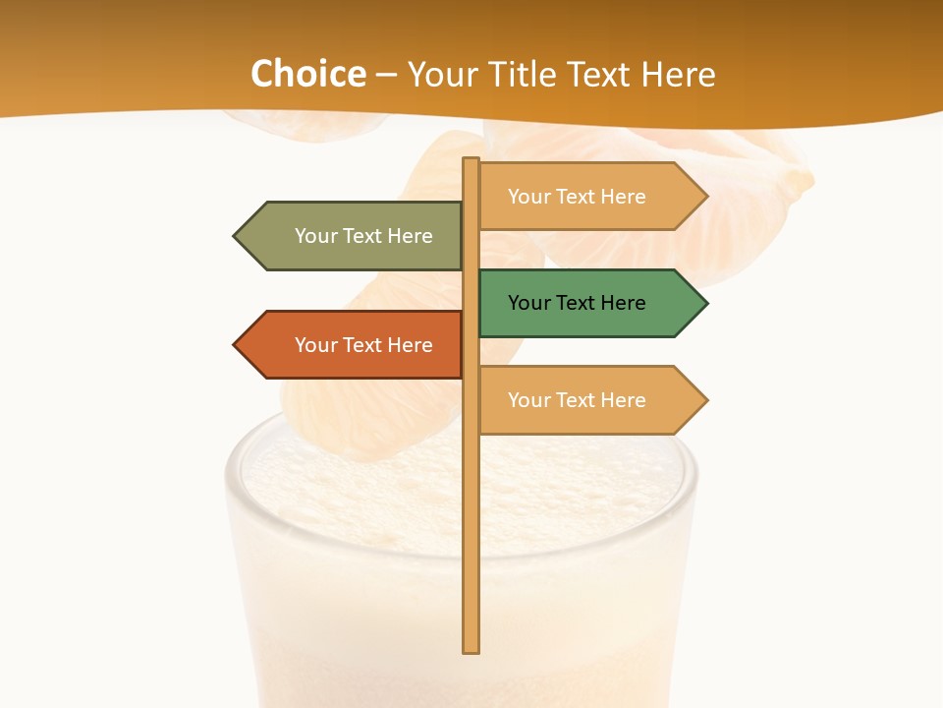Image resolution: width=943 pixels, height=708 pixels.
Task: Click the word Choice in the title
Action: click(x=307, y=74)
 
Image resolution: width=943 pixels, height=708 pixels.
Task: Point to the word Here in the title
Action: click(x=679, y=74)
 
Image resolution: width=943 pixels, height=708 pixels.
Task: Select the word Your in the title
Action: click(x=440, y=74)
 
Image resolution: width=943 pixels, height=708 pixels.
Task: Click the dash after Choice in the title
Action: click(x=386, y=75)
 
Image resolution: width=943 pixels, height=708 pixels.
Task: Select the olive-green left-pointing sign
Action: click(x=354, y=236)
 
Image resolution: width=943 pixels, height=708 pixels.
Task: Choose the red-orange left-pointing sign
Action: click(x=354, y=345)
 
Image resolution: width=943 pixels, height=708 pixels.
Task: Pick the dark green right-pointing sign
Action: click(x=584, y=303)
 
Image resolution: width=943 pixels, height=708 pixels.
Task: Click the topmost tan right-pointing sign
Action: click(x=584, y=197)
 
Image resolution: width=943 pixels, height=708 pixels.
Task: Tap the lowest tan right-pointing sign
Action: click(x=584, y=400)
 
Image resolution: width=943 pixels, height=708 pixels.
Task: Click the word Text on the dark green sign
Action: click(x=576, y=303)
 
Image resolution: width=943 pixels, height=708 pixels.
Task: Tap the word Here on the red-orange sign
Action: click(x=410, y=345)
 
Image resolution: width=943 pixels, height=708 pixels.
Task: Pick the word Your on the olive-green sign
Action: click(x=315, y=236)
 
